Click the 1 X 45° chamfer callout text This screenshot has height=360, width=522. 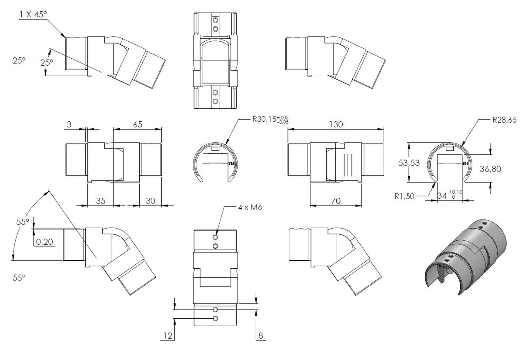coord(33,14)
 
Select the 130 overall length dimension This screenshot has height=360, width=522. coord(336,124)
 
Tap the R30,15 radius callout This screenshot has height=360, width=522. coord(264,119)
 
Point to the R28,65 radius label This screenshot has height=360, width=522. coord(505,120)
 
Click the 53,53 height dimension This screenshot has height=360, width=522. coord(409,163)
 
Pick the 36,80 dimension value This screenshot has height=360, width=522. coord(490,169)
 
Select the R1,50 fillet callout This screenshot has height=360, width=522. coord(405,196)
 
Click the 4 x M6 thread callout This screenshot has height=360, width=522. coord(250,207)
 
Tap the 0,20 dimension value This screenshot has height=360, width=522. coord(44,242)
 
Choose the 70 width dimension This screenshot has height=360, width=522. coord(336,201)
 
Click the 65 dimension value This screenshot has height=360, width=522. coord(137,124)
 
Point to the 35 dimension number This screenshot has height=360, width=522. coord(100,201)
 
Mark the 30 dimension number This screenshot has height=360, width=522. coord(151,201)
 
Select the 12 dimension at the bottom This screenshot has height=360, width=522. coord(168,336)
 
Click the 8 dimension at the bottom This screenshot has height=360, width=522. coord(261,336)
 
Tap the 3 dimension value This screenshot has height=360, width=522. coord(69,124)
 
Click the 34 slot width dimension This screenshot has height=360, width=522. coord(442,196)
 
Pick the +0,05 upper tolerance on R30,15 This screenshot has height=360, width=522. coord(283,117)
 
